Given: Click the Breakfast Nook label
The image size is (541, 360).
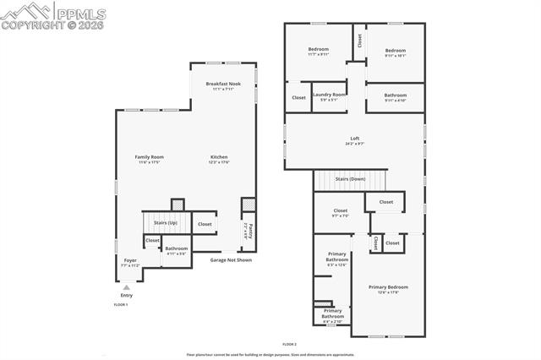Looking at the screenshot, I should (x=223, y=84).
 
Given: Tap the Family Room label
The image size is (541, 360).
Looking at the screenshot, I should (x=149, y=157).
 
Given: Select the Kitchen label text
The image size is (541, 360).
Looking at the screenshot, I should (x=219, y=157).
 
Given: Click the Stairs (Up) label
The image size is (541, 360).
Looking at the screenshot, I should (x=166, y=223).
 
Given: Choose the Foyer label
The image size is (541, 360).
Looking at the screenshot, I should (x=129, y=260).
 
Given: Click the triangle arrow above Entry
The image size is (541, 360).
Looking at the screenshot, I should (x=126, y=287).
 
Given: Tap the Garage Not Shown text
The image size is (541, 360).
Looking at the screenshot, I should (x=231, y=260).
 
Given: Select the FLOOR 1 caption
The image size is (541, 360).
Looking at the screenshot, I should (x=121, y=304).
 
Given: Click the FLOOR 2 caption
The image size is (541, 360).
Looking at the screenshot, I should (x=289, y=345).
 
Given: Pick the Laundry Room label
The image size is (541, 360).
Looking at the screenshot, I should (x=330, y=95).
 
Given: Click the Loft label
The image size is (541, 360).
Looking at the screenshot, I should (x=355, y=139).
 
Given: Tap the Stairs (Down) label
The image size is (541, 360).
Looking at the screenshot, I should (x=351, y=179).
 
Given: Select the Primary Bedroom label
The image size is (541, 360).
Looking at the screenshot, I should (x=388, y=287).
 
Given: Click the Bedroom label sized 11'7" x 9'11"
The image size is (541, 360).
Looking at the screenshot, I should (x=318, y=50).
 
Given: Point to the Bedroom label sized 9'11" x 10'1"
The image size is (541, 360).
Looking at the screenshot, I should (x=396, y=50).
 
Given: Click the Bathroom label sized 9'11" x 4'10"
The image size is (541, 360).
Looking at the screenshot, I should (x=395, y=95).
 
